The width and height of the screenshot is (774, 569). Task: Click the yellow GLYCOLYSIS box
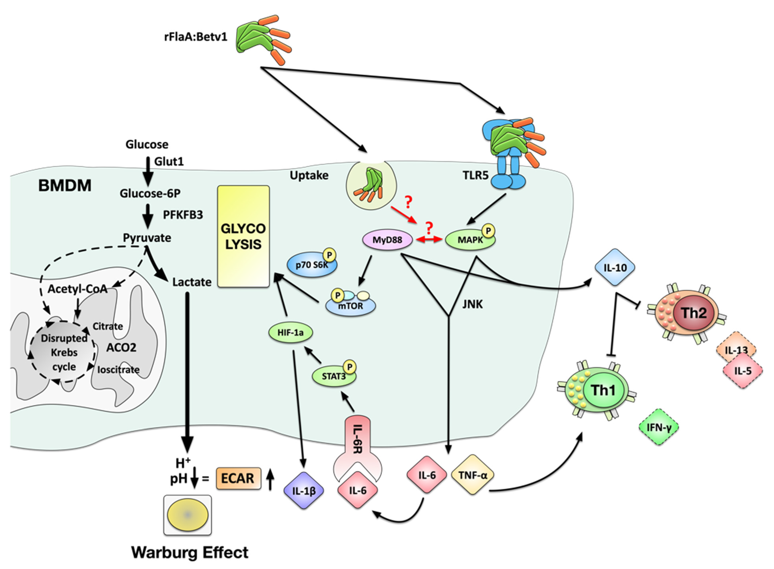pos(243,236)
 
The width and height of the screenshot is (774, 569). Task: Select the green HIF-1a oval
pos(290,332)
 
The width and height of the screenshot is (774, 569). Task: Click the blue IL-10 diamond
pos(615,267)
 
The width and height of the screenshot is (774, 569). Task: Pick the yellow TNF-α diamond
pos(473,475)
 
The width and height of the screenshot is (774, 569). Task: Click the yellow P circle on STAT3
pos(350,367)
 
